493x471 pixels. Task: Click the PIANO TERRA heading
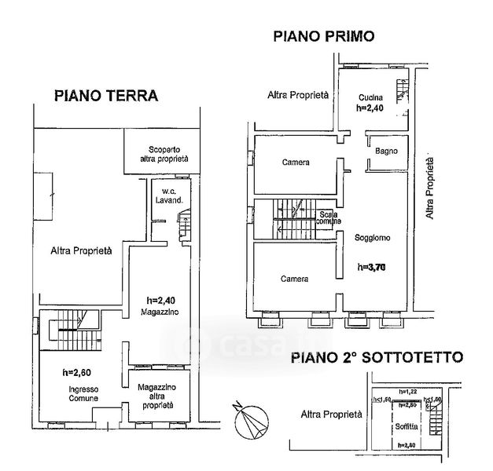pos(106,96)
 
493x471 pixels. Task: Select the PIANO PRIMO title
pos(323,36)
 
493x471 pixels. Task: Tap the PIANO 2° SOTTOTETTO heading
pos(377,357)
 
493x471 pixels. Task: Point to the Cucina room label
pos(369,97)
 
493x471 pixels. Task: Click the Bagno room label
pos(386,152)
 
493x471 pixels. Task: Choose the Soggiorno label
pos(373,237)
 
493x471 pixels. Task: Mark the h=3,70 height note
pos(373,267)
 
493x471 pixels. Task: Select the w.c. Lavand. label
pos(172,195)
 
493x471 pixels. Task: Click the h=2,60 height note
pos(77,371)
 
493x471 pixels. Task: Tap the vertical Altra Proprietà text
pos(431,188)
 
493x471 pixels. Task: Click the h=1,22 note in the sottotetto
pos(407,392)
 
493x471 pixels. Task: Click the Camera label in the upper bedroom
pos(296,163)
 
